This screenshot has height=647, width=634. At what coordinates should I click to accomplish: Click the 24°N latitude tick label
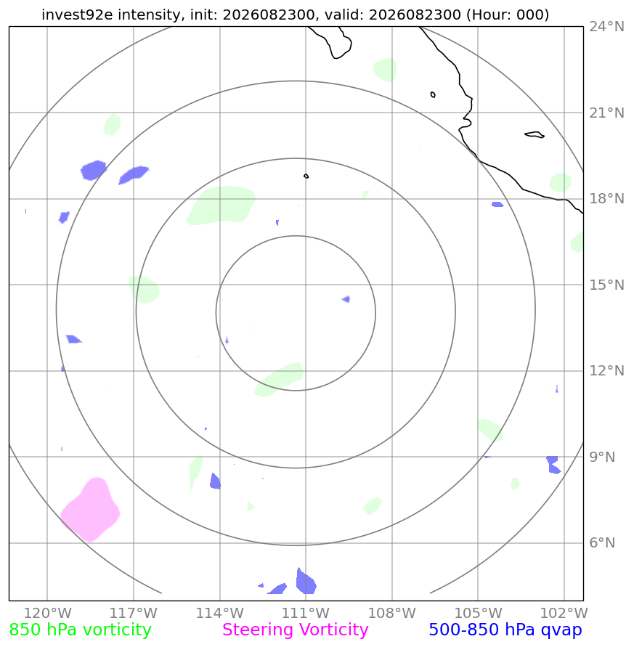606,27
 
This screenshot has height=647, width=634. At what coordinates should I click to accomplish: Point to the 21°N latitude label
606,113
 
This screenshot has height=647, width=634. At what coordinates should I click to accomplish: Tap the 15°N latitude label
606,285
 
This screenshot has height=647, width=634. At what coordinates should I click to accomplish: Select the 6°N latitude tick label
602,542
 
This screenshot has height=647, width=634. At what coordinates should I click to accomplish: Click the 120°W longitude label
47,613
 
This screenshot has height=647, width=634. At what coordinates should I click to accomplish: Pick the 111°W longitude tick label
306,613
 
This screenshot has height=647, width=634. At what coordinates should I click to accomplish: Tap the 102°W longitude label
564,613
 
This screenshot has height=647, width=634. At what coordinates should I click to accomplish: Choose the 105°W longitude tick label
478,613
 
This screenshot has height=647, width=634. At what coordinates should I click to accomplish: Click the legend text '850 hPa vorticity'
80,630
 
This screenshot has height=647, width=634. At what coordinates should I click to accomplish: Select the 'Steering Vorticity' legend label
295,630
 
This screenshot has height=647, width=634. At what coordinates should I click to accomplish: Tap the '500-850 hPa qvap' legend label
505,630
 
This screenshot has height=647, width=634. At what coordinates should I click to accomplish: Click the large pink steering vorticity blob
91,510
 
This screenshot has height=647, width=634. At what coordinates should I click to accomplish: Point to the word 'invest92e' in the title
77,15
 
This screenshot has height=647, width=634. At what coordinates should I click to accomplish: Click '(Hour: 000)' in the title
508,15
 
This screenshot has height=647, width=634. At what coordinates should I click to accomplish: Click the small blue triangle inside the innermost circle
346,299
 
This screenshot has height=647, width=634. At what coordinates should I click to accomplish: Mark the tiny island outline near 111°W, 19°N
306,176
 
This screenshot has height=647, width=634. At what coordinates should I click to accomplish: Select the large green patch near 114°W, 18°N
222,206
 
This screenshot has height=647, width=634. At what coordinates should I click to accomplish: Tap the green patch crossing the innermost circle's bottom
280,379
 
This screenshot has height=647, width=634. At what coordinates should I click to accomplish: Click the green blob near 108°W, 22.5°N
385,70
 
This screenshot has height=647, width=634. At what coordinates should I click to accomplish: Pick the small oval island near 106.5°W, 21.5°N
433,94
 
